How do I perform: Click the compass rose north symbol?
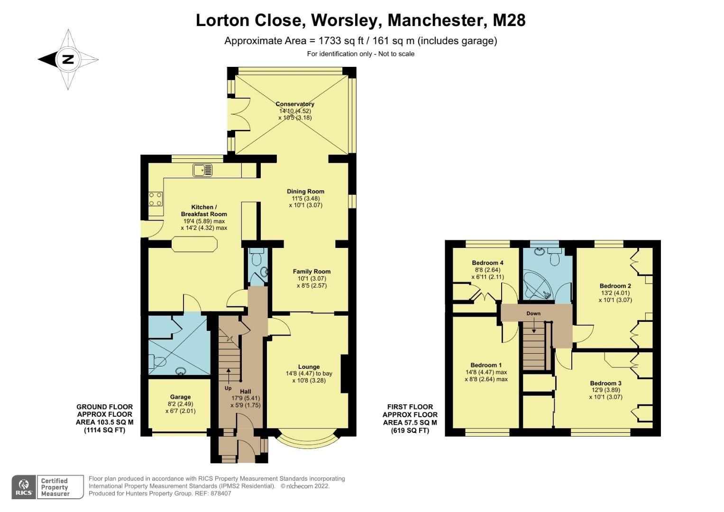(68, 60)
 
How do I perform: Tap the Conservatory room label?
(295, 104)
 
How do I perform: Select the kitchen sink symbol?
(202, 170)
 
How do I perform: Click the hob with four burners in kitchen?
(156, 199)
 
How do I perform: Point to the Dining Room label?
(305, 192)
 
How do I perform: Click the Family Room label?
(312, 272)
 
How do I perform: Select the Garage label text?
(180, 397)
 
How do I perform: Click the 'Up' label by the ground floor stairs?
(228, 388)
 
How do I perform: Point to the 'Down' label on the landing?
(533, 313)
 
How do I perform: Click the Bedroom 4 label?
(487, 263)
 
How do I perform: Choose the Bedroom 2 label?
(615, 286)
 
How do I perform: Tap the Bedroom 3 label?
(605, 383)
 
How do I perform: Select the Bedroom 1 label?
(486, 365)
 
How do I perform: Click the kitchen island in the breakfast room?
(194, 245)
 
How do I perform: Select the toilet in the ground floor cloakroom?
(257, 258)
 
